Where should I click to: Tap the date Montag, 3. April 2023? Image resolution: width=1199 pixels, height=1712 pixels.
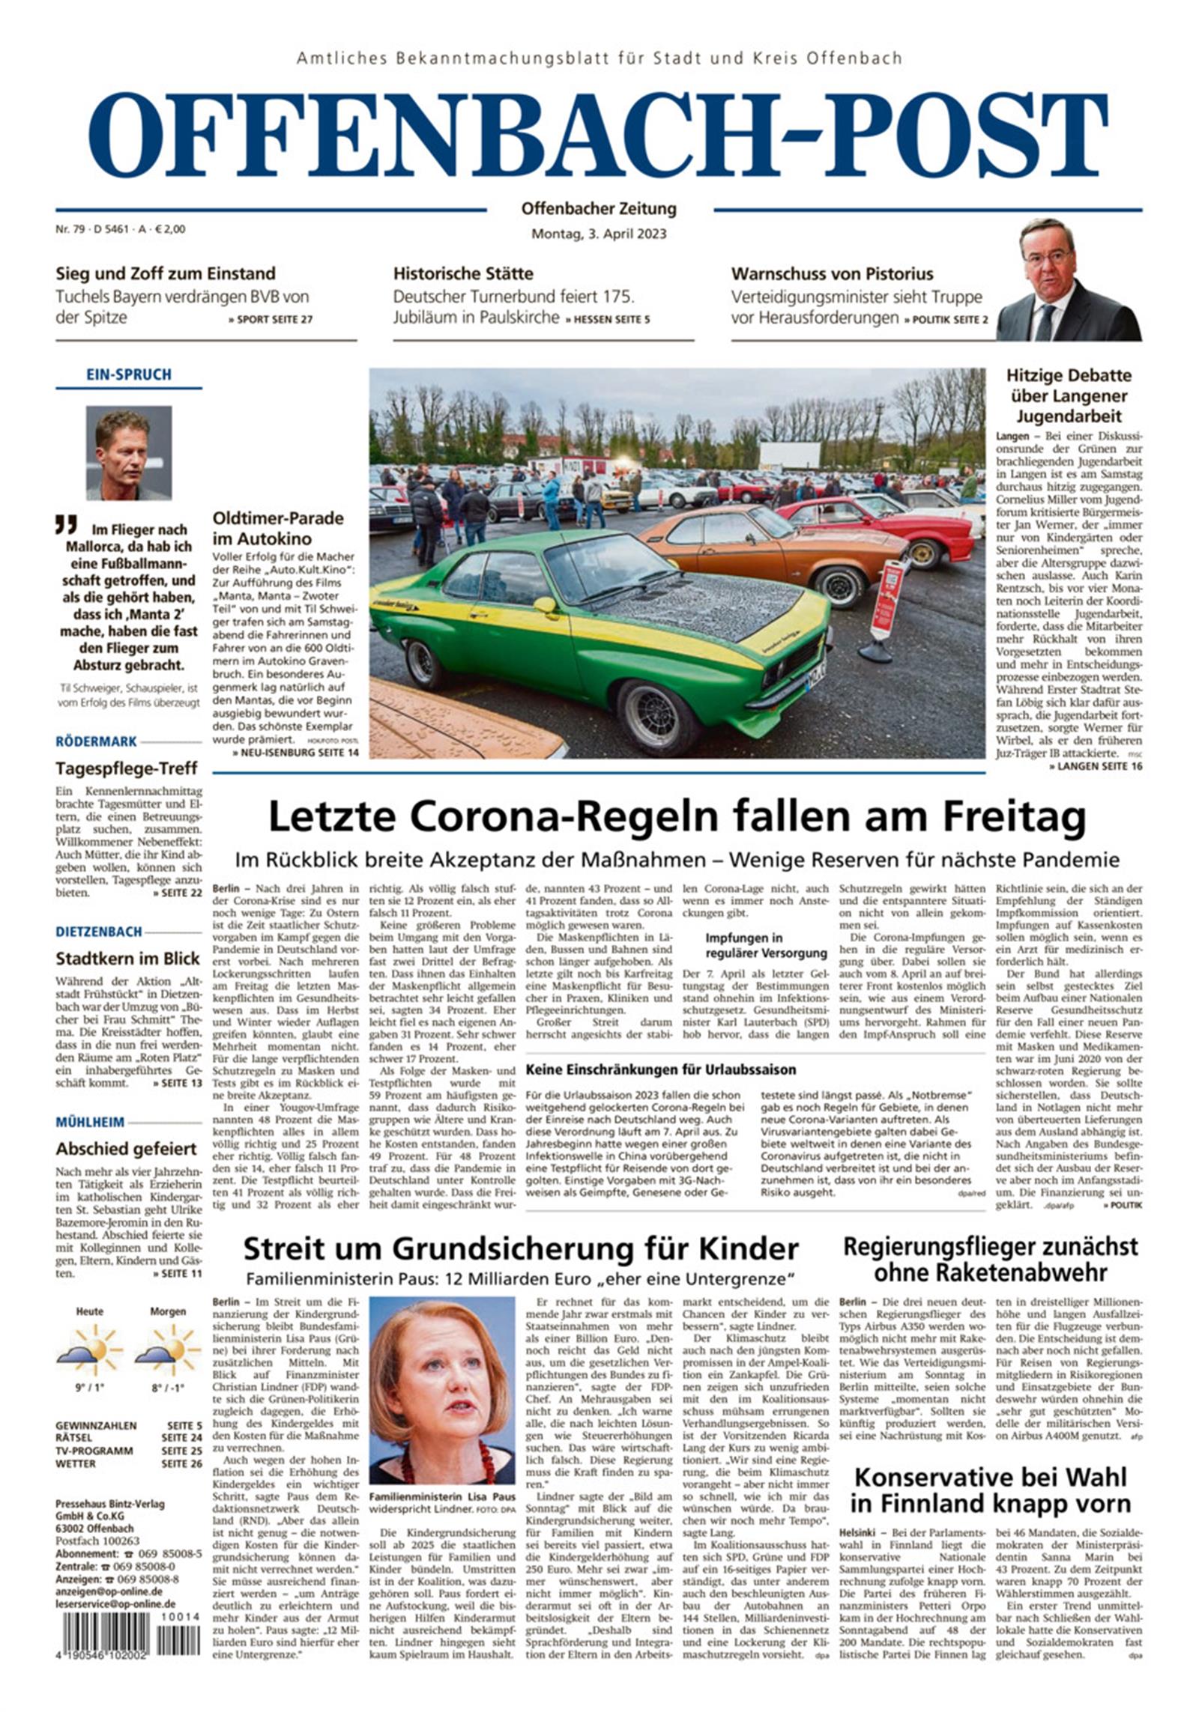598,234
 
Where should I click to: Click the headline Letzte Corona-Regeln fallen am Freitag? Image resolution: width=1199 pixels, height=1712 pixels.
677,817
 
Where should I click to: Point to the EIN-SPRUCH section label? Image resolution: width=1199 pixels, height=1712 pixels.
128,374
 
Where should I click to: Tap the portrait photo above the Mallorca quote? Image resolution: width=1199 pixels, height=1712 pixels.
128,452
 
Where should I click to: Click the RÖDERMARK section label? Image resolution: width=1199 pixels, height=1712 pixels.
97,741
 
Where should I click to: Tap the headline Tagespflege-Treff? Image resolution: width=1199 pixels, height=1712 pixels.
127,768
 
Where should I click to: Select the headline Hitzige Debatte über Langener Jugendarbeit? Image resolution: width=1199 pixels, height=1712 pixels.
1068,395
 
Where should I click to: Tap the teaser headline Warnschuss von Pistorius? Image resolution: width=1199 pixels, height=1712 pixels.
832,273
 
